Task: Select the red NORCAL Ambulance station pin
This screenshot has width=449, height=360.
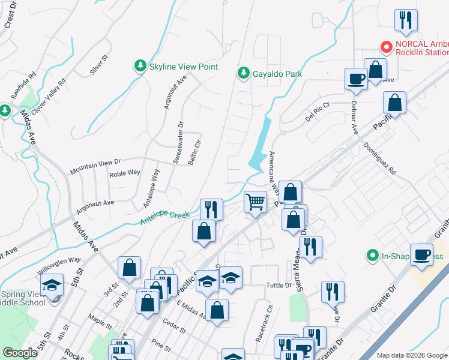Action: pos(387,46)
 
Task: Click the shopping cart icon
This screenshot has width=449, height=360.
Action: pos(256,202)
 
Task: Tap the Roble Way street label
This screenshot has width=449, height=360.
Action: pos(124,173)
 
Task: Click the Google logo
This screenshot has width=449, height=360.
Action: pos(20,353)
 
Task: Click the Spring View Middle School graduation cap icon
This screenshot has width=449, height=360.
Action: pos(52,284)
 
